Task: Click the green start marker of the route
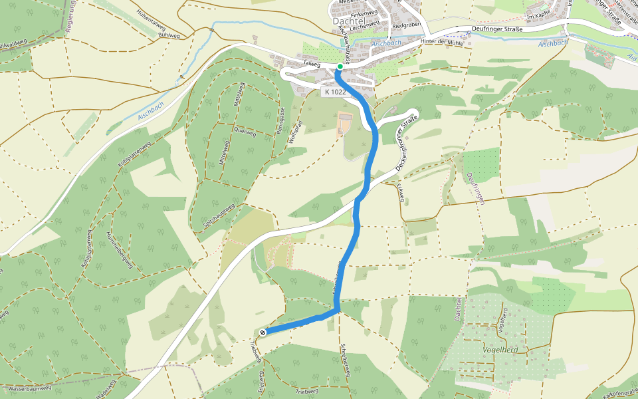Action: click(x=340, y=66)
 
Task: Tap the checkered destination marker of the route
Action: click(x=263, y=332)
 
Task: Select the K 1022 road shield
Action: click(x=335, y=92)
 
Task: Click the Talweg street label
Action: click(x=312, y=65)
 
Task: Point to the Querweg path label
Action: click(x=245, y=132)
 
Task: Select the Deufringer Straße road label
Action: click(x=493, y=29)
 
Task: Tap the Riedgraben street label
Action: click(x=407, y=25)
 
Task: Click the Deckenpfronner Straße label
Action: click(x=406, y=144)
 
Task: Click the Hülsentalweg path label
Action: click(x=150, y=21)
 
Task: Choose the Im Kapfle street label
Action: click(x=539, y=16)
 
